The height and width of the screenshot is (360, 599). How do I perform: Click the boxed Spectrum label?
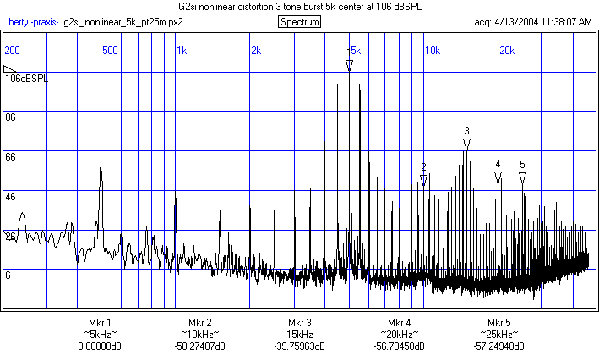[299, 21]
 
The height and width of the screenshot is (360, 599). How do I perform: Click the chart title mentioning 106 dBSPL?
[299, 6]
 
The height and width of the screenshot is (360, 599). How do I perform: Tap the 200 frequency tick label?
[12, 51]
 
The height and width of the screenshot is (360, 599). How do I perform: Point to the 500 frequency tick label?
[110, 51]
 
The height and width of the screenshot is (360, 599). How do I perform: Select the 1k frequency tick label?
[182, 51]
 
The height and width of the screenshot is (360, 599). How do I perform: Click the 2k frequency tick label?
[256, 51]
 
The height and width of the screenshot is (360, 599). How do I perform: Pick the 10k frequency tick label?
[432, 51]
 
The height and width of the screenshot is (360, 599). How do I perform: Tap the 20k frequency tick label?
[506, 51]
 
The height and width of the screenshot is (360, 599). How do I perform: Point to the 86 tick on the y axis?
[11, 117]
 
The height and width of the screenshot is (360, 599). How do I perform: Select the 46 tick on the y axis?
[11, 196]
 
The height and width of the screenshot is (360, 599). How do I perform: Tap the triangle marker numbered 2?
[423, 180]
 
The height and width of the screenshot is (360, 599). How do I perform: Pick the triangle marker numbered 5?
[523, 177]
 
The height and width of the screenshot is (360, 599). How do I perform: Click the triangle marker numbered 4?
[498, 176]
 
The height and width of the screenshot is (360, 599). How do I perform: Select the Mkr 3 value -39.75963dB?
[299, 346]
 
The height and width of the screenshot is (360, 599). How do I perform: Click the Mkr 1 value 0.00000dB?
[100, 346]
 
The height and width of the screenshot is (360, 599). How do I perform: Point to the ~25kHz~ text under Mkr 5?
[498, 335]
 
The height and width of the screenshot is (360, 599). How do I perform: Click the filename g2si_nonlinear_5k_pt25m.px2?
[123, 21]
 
